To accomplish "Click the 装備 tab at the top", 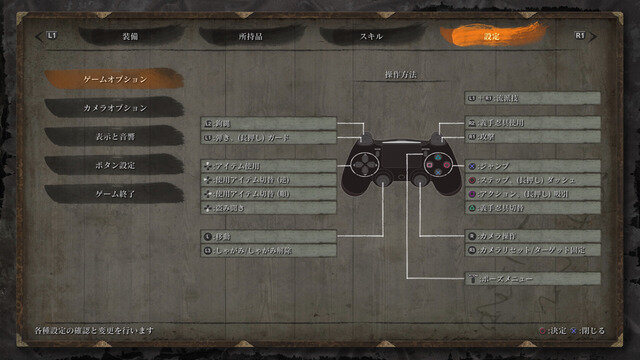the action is coord(131,35).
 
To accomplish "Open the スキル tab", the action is coord(372,35).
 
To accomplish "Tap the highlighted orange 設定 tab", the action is coord(492,35).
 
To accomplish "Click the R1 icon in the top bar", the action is coord(580,35).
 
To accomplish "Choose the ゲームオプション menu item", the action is coord(114,78).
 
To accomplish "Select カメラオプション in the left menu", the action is coord(114,107).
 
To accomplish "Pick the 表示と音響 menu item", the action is coord(114,136).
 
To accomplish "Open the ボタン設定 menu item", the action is coord(114,164).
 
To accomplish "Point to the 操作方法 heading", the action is coord(400,75).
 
